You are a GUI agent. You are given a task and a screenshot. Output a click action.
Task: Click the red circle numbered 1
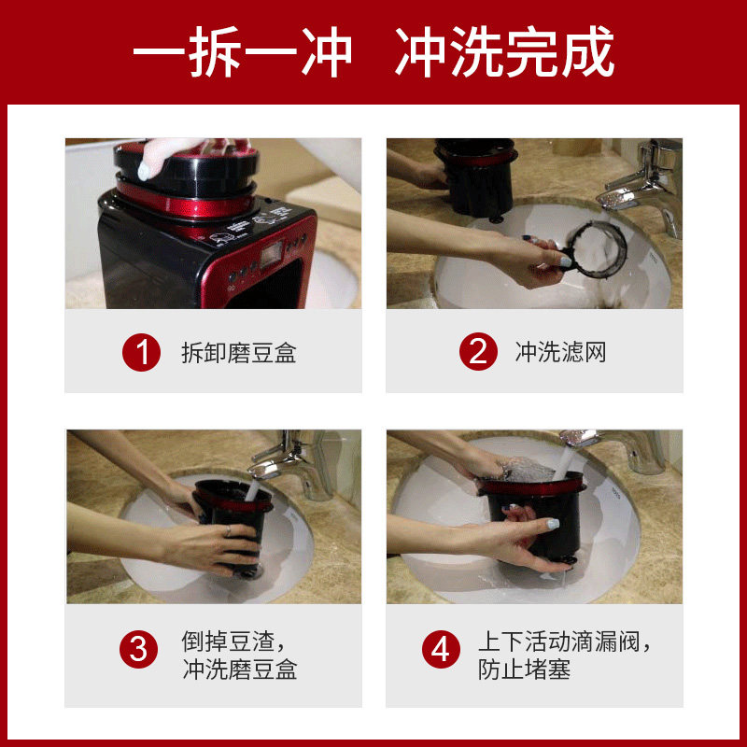pyautogui.click(x=142, y=353)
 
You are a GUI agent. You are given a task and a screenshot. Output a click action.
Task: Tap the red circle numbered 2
pyautogui.click(x=478, y=352)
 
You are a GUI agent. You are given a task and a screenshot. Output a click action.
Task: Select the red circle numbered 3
pyautogui.click(x=138, y=649)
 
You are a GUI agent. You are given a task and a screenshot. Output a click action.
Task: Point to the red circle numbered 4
pyautogui.click(x=441, y=649)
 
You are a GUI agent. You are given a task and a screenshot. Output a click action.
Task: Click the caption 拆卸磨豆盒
pyautogui.click(x=239, y=353)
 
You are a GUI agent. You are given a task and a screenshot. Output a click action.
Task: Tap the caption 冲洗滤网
pyautogui.click(x=560, y=352)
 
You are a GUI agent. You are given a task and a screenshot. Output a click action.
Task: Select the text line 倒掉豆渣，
pyautogui.click(x=233, y=641)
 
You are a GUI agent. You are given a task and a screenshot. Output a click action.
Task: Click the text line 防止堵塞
pyautogui.click(x=524, y=669)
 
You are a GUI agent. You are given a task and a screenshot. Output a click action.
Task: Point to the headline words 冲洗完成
pyautogui.click(x=504, y=51)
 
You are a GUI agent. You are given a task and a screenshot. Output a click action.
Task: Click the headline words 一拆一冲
pyautogui.click(x=243, y=51)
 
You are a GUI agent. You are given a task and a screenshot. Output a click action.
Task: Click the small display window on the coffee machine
pyautogui.click(x=271, y=254)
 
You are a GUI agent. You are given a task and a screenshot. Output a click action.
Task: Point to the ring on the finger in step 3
pyautogui.click(x=229, y=530)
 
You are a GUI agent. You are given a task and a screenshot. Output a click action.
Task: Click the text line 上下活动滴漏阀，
pyautogui.click(x=565, y=641)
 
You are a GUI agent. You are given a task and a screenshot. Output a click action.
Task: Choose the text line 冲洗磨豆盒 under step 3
pyautogui.click(x=240, y=669)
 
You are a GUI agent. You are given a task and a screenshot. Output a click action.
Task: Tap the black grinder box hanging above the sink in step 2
pyautogui.click(x=476, y=177)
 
